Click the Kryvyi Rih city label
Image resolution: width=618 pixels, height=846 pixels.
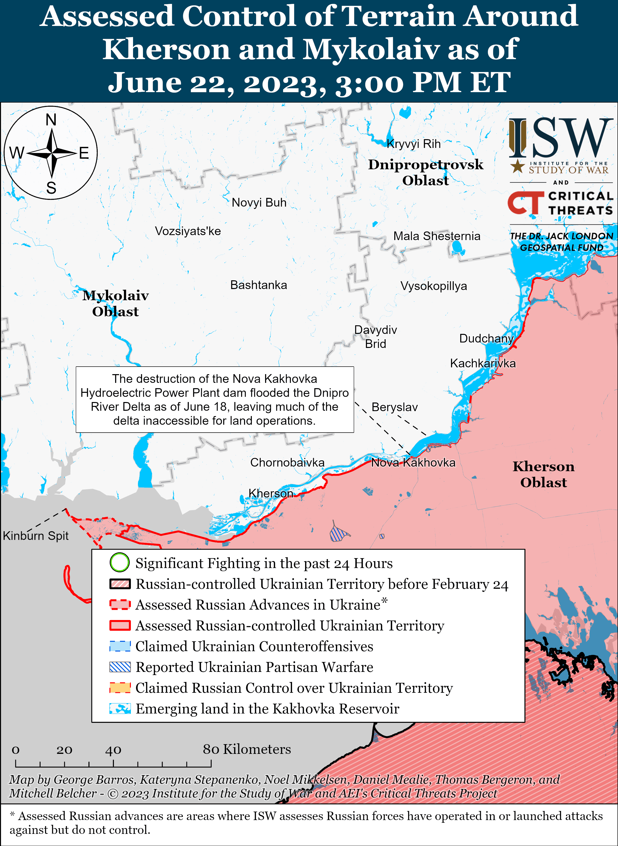click(x=413, y=144)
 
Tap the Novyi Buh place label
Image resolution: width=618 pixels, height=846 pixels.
click(x=259, y=202)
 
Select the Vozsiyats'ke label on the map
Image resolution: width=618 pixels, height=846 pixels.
click(x=188, y=231)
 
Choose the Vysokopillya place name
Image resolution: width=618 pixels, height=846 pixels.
click(x=434, y=286)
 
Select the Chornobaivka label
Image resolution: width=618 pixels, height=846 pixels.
click(x=287, y=462)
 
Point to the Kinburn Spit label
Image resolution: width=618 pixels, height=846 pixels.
click(x=36, y=536)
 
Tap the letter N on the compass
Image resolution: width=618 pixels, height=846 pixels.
click(x=51, y=120)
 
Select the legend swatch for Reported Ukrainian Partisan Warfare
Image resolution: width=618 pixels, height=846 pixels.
click(x=120, y=667)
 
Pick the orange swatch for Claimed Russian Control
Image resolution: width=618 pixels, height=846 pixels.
click(x=120, y=688)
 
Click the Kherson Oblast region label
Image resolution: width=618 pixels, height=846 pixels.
click(x=543, y=474)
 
